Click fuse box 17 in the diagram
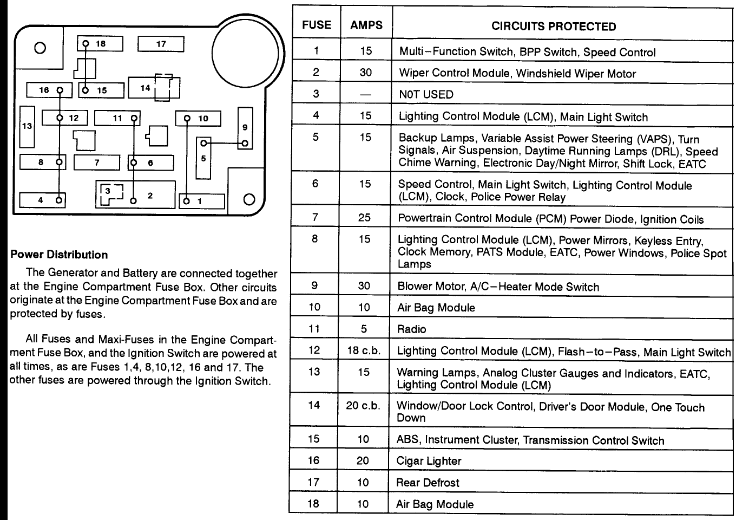[161, 44]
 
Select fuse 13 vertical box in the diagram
[27, 127]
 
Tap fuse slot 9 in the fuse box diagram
[245, 128]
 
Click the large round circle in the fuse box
[247, 55]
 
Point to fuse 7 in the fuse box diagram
[97, 162]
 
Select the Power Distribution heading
[59, 255]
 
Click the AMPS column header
[366, 25]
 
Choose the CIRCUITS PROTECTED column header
[553, 27]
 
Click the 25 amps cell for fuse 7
[365, 217]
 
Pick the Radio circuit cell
[411, 329]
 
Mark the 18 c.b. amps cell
[364, 350]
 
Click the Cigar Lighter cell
[429, 461]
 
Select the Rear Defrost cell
[428, 483]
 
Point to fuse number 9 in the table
[314, 285]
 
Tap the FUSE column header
[317, 25]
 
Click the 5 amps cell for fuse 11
[364, 329]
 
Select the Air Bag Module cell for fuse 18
[435, 504]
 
